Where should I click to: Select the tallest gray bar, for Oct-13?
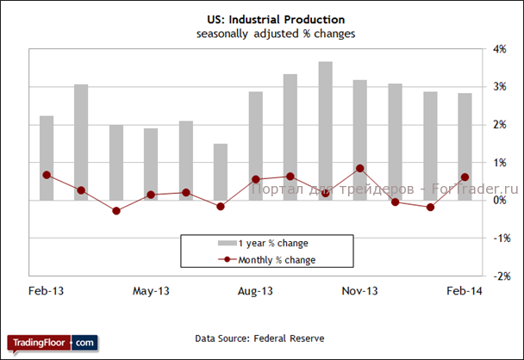325,129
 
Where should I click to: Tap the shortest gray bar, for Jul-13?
221,171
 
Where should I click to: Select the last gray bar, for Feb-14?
465,146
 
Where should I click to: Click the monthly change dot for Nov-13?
360,168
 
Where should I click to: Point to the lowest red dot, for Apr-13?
116,211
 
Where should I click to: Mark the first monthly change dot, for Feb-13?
47,175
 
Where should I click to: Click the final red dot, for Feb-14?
465,177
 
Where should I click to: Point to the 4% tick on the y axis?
498,49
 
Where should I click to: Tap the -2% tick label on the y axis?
497,276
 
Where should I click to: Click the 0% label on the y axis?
498,201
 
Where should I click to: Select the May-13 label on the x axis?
151,291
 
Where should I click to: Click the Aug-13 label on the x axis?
255,291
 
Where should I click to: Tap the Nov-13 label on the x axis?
360,291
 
